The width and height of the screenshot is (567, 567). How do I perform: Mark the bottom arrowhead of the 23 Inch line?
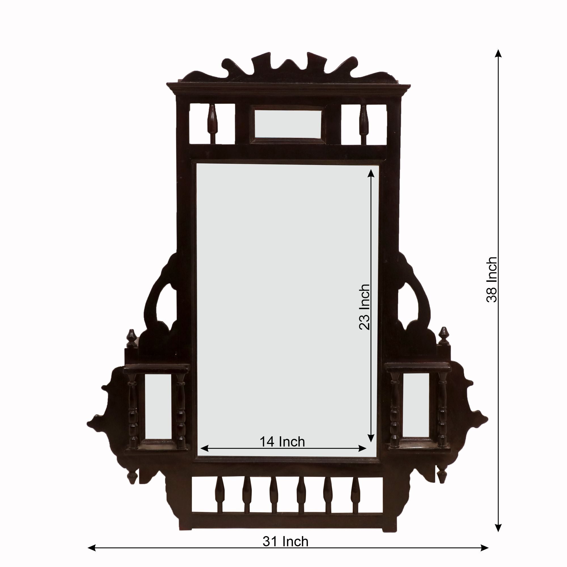[371, 445]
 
